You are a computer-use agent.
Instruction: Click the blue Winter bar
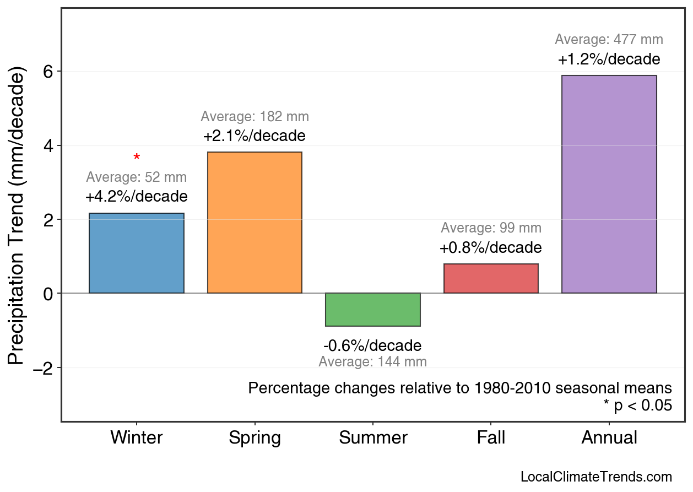click(x=137, y=253)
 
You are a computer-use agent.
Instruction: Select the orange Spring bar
click(x=255, y=223)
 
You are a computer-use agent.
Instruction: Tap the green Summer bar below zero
click(x=373, y=310)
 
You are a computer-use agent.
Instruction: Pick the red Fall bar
click(x=491, y=279)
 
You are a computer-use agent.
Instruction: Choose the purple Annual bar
click(x=609, y=185)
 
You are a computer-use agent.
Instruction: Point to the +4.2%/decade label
click(x=137, y=197)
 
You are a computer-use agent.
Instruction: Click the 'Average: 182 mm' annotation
click(x=255, y=117)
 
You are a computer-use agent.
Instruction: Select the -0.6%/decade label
click(x=373, y=346)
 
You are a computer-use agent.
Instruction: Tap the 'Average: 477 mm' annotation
click(x=609, y=40)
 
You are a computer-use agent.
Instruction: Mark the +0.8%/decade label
click(x=491, y=248)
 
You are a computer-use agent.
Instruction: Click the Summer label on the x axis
click(x=373, y=438)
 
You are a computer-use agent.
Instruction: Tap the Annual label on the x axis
click(x=609, y=438)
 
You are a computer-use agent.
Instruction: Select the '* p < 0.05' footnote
click(x=637, y=406)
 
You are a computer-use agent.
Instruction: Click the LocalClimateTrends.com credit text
click(x=596, y=477)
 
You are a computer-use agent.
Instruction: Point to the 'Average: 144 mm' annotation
click(x=373, y=362)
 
